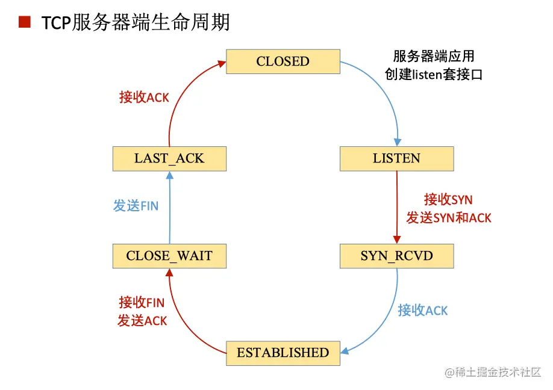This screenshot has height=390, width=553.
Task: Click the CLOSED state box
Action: [x=283, y=61]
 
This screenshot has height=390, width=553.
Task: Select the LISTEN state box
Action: [x=396, y=159]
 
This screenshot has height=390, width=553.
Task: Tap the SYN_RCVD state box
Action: [x=396, y=256]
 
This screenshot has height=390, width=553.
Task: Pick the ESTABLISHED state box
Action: [x=283, y=353]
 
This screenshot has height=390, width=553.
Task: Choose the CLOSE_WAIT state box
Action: [x=169, y=256]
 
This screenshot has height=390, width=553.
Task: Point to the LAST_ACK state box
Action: [x=169, y=159]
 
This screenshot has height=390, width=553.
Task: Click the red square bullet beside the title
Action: [x=25, y=23]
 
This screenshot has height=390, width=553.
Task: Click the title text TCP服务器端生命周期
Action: [x=136, y=23]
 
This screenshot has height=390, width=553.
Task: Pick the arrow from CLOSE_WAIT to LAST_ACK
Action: [x=169, y=208]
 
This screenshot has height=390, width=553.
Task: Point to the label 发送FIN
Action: [x=136, y=206]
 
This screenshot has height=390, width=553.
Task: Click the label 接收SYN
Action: [x=448, y=199]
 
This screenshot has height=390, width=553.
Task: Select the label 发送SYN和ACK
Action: [x=448, y=218]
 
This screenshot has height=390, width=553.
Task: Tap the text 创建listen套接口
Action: [x=434, y=75]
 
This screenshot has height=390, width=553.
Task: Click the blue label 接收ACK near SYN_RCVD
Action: [x=422, y=311]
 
